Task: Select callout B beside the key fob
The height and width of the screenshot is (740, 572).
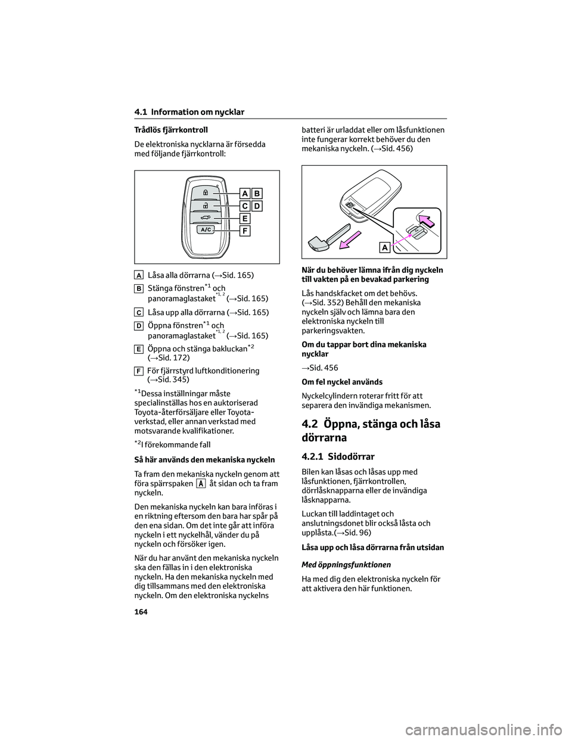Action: (x=257, y=193)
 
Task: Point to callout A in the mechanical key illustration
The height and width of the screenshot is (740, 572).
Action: (x=386, y=247)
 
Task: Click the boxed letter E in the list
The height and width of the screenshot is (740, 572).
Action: (x=138, y=349)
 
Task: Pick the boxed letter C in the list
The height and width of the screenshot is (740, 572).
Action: (x=138, y=312)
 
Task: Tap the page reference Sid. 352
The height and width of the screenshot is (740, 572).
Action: (x=324, y=302)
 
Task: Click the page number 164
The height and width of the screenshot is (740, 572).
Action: (x=141, y=612)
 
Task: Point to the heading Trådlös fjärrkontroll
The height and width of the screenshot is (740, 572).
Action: (x=166, y=129)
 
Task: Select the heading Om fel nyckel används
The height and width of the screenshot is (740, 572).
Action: (x=342, y=382)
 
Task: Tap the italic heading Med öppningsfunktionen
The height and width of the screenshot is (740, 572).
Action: (x=343, y=565)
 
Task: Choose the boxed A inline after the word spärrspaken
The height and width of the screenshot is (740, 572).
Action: (x=201, y=484)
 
